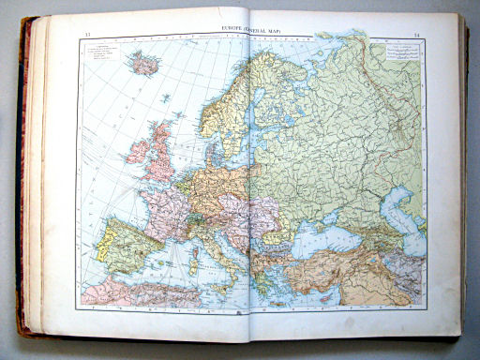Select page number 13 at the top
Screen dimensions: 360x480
87,36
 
